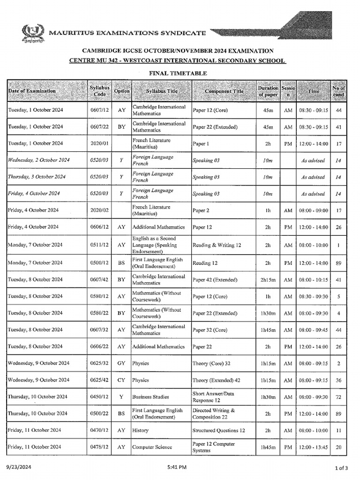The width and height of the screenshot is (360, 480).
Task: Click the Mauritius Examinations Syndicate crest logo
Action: click(x=33, y=33)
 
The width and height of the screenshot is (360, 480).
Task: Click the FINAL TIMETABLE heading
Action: click(x=178, y=73)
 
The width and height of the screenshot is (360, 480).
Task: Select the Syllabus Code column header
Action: click(x=99, y=91)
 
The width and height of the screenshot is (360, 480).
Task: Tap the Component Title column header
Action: click(x=224, y=91)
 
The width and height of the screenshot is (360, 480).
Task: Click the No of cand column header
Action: click(x=338, y=91)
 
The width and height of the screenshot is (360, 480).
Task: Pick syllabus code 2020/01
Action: click(x=99, y=143)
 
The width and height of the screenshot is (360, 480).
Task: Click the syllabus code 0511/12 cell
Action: click(x=99, y=245)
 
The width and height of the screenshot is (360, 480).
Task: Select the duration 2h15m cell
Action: click(x=268, y=279)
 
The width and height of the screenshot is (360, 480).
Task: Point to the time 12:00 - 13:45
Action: click(x=314, y=447)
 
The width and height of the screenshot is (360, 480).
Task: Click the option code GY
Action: click(x=121, y=363)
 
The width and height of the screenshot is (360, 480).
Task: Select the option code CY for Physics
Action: click(x=121, y=380)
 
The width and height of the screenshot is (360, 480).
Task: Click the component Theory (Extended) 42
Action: click(x=217, y=380)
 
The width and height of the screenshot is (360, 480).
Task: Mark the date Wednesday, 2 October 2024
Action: click(x=38, y=160)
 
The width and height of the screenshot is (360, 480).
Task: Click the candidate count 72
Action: click(x=338, y=397)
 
